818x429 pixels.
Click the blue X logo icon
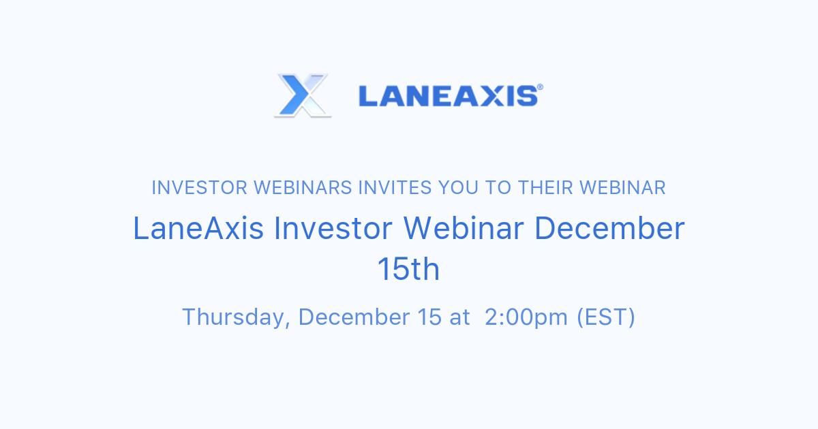[x=303, y=95]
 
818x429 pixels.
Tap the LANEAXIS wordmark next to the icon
[x=447, y=96]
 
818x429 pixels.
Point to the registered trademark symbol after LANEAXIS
[x=540, y=87]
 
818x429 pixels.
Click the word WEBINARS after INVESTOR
[x=301, y=188]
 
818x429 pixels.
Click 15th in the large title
[x=408, y=270]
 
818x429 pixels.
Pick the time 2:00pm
[x=526, y=317]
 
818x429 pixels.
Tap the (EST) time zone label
[x=605, y=317]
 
